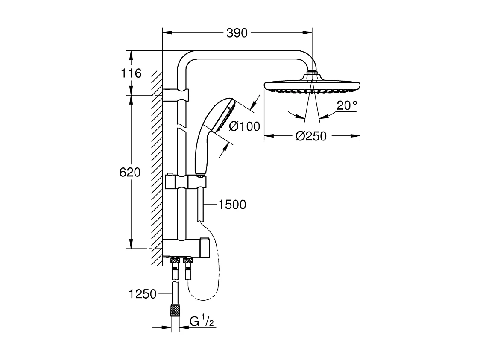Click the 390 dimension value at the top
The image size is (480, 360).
237,33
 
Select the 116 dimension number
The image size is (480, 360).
131,73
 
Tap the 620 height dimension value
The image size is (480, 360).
130,173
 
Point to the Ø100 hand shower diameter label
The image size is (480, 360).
244,126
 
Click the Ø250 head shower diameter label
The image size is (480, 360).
311,136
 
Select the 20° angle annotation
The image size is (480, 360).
346,105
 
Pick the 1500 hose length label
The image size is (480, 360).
232,205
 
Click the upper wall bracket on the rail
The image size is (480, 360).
177,94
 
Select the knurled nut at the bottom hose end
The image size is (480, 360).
174,310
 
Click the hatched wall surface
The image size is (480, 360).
156,171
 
